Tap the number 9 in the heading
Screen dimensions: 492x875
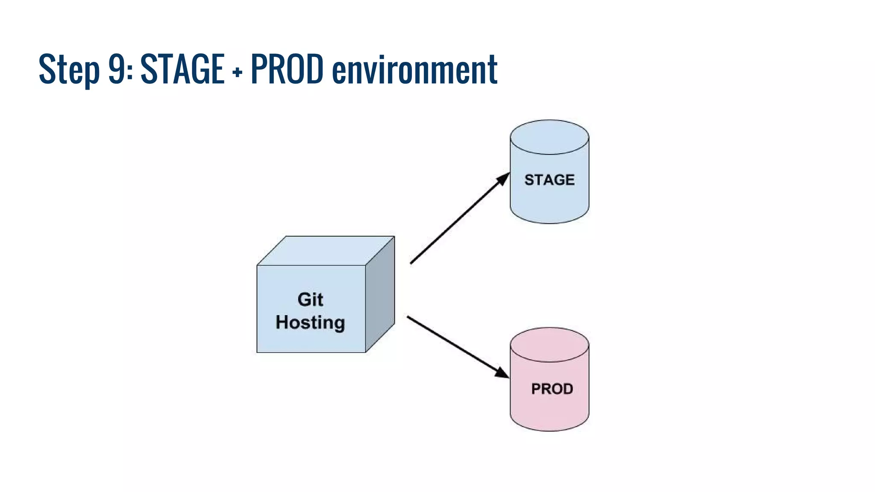point(117,68)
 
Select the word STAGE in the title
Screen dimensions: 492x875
point(182,68)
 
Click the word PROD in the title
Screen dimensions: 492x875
point(287,68)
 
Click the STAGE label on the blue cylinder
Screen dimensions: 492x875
point(549,180)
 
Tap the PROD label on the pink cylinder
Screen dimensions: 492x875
point(552,389)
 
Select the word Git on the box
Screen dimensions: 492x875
point(310,299)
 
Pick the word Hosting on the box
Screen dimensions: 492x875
point(310,322)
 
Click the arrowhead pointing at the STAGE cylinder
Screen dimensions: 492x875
point(503,179)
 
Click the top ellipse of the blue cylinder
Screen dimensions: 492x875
point(549,137)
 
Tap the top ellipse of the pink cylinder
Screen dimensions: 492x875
point(549,345)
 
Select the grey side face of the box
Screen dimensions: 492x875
point(380,295)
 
